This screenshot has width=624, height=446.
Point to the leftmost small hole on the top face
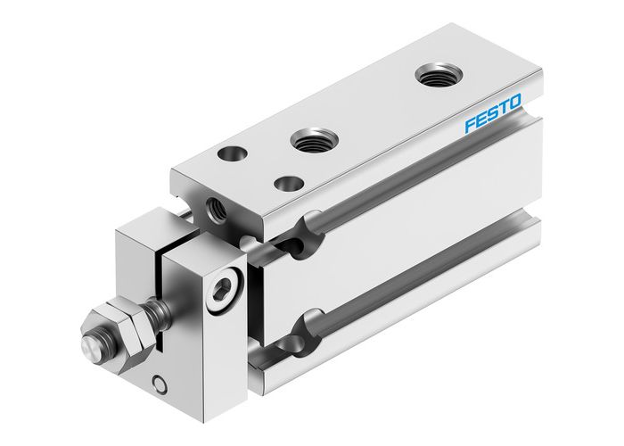point(235,153)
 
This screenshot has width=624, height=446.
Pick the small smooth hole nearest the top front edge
point(288,183)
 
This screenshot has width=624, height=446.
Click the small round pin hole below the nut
point(159,384)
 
